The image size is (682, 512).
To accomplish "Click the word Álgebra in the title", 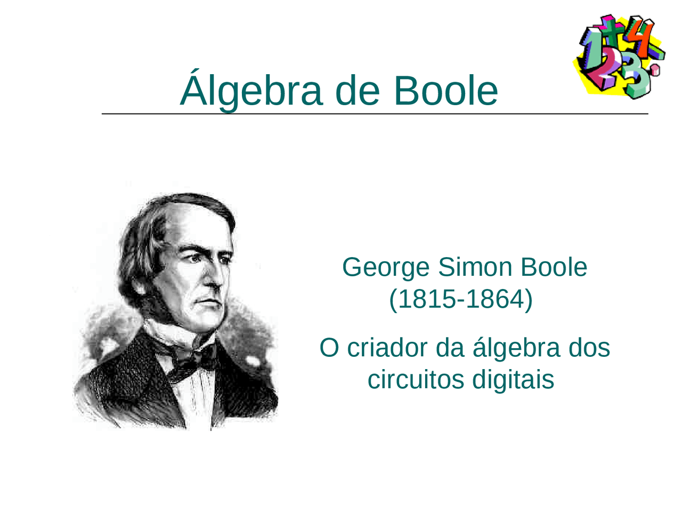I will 251,90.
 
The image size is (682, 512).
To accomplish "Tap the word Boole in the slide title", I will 445,90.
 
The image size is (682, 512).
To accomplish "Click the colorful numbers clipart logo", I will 619,56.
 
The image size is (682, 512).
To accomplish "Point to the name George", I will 385,268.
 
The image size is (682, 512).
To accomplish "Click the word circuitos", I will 416,380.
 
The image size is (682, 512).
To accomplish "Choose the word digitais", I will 514,380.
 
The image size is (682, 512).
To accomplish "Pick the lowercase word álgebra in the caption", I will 516,348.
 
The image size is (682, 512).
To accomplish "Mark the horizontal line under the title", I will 375,114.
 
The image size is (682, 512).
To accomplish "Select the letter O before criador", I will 329,348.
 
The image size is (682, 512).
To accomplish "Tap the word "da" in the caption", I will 450,348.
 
